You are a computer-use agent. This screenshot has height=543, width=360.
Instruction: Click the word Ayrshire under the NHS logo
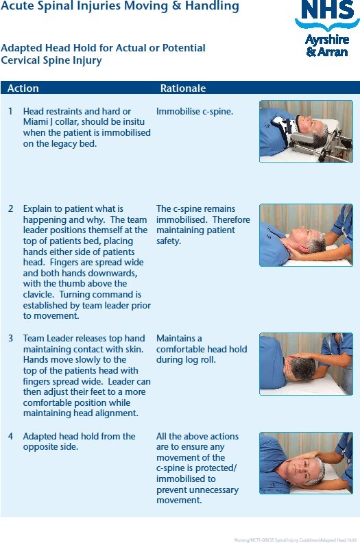(x=326, y=40)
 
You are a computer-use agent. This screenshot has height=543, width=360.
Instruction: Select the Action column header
(x=23, y=88)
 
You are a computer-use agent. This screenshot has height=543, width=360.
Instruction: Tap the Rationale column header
(x=183, y=88)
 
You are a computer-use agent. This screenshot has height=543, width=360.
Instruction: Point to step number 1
(x=10, y=111)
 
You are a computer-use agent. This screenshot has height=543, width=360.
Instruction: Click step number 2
(x=11, y=209)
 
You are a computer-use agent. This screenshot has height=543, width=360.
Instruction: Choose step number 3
(x=11, y=338)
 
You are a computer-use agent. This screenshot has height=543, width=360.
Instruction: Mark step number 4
(x=11, y=436)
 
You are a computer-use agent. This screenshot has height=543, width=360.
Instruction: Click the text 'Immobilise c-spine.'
(x=195, y=112)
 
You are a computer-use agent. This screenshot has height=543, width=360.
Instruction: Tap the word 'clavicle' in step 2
(x=38, y=294)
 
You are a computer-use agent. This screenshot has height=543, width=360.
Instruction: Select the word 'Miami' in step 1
(x=34, y=122)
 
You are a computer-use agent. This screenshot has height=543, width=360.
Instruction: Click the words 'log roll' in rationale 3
(x=200, y=360)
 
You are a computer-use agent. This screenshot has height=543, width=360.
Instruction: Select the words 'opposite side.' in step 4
(x=51, y=447)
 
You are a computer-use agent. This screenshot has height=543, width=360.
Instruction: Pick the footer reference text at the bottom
(x=296, y=540)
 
